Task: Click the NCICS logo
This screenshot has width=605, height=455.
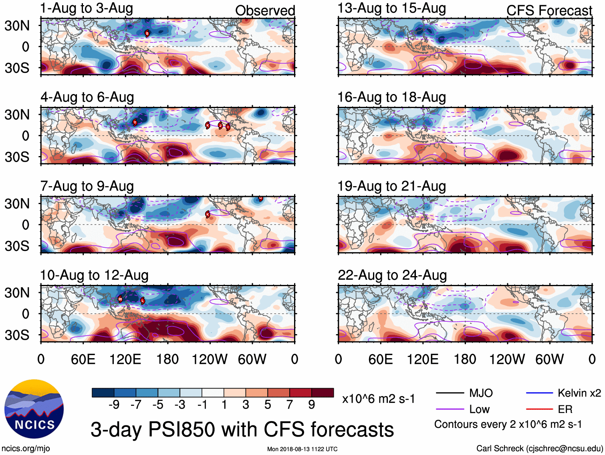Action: (x=34, y=409)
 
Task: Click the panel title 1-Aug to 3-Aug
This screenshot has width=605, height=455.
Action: (x=87, y=8)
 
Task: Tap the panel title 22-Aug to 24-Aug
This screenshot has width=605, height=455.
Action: (x=392, y=275)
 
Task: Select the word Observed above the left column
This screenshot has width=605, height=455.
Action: (x=265, y=10)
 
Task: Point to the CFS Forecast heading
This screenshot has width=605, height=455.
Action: (x=549, y=10)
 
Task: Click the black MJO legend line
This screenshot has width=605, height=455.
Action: (x=450, y=393)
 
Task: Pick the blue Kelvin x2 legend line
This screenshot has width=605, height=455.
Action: (x=539, y=393)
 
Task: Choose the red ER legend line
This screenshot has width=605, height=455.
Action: (x=539, y=409)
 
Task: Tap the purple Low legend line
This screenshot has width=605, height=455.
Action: (x=450, y=409)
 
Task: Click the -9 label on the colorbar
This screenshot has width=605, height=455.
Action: (x=114, y=405)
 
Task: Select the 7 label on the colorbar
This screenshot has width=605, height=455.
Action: (x=289, y=405)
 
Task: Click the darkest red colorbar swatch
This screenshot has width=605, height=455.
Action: (x=323, y=393)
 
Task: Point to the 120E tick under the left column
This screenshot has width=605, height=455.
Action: (x=125, y=359)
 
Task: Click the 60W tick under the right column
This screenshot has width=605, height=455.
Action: (x=549, y=359)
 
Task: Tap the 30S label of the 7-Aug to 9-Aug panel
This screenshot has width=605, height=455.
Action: (x=17, y=246)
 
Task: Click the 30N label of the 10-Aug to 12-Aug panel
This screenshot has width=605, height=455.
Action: (x=17, y=293)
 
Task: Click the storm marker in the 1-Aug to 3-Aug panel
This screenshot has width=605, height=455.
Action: (x=147, y=33)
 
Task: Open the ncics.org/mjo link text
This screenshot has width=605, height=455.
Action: (x=26, y=449)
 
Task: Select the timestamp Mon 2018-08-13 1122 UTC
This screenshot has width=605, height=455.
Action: (x=302, y=449)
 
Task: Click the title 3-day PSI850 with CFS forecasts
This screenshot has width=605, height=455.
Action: (x=242, y=429)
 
